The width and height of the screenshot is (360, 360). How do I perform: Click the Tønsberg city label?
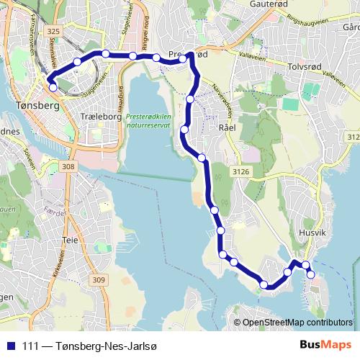tap(31, 104)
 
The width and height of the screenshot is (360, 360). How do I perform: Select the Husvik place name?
tap(312, 233)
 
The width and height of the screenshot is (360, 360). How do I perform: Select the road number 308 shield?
tap(68, 167)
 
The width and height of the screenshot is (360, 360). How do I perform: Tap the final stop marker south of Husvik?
tap(311, 274)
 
